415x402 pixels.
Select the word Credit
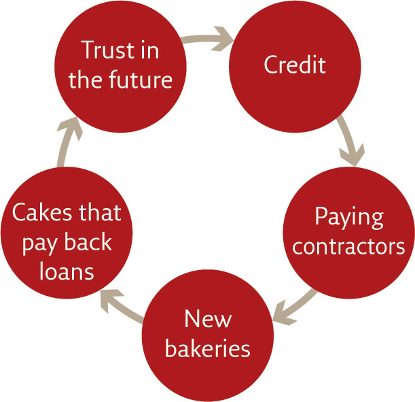[295, 65]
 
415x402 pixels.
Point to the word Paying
[349, 218]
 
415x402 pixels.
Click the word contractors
[348, 246]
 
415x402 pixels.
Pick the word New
[208, 319]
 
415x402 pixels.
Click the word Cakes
[42, 212]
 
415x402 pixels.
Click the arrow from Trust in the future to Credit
[208, 39]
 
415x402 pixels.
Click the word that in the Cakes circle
[100, 212]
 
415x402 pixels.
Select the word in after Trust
[150, 50]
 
